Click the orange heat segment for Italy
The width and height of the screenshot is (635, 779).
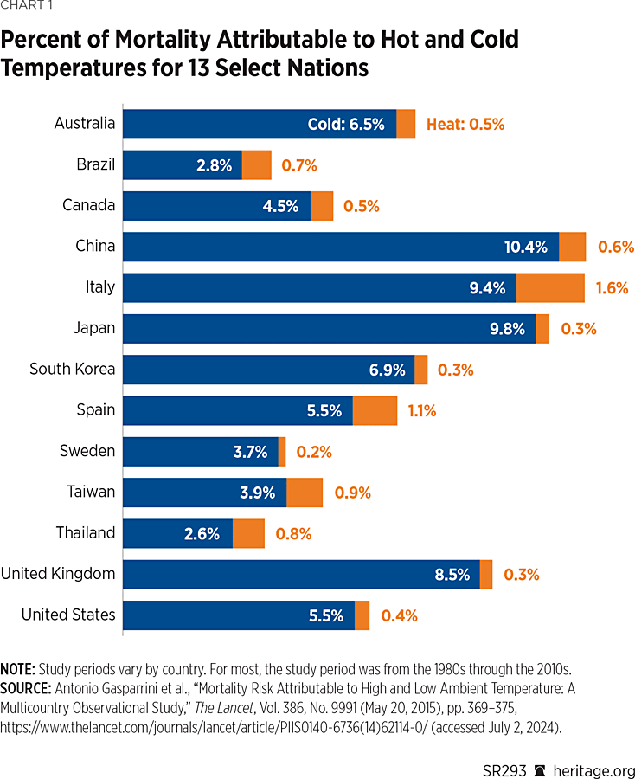(x=550, y=288)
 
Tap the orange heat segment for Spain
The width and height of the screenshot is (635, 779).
(x=375, y=410)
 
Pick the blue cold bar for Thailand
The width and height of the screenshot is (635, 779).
(x=177, y=533)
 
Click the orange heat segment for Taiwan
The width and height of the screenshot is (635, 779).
(x=304, y=493)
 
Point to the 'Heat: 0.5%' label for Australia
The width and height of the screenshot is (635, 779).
(x=465, y=124)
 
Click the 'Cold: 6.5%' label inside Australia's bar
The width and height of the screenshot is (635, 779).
(x=346, y=124)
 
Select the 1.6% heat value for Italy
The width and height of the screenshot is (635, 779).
(x=612, y=288)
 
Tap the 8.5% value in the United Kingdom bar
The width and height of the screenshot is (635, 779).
(x=452, y=574)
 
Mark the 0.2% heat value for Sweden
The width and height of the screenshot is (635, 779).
(x=314, y=452)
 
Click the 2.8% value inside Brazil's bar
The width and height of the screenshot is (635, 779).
(x=215, y=165)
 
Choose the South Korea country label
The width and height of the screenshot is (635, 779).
(x=72, y=370)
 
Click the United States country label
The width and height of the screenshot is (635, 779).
(x=68, y=615)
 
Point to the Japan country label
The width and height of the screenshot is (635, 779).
(x=94, y=328)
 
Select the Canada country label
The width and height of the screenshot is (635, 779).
(x=88, y=205)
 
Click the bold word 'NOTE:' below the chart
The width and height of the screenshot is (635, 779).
(x=17, y=670)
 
